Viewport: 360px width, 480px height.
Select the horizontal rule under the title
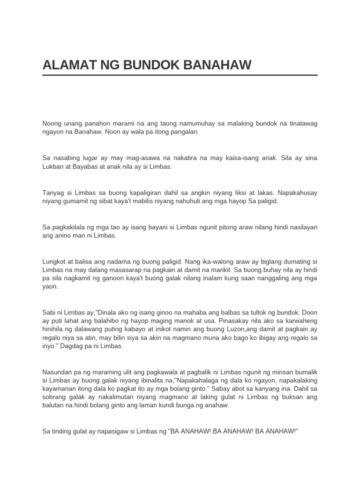[180, 75]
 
